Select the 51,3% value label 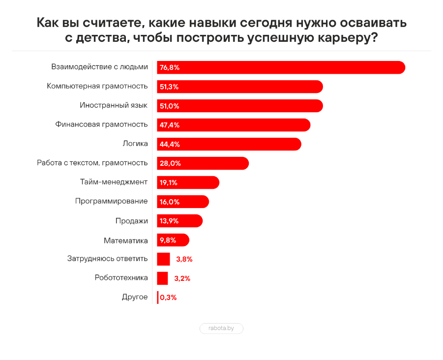[169, 87]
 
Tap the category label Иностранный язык [114, 105]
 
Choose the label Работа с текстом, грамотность [92, 163]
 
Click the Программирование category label [112, 201]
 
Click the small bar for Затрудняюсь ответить [163, 259]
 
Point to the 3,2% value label [182, 278]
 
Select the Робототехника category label [121, 278]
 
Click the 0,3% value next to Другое [168, 298]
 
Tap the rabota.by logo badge [221, 328]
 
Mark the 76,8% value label [170, 67]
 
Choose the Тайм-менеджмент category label [114, 182]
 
